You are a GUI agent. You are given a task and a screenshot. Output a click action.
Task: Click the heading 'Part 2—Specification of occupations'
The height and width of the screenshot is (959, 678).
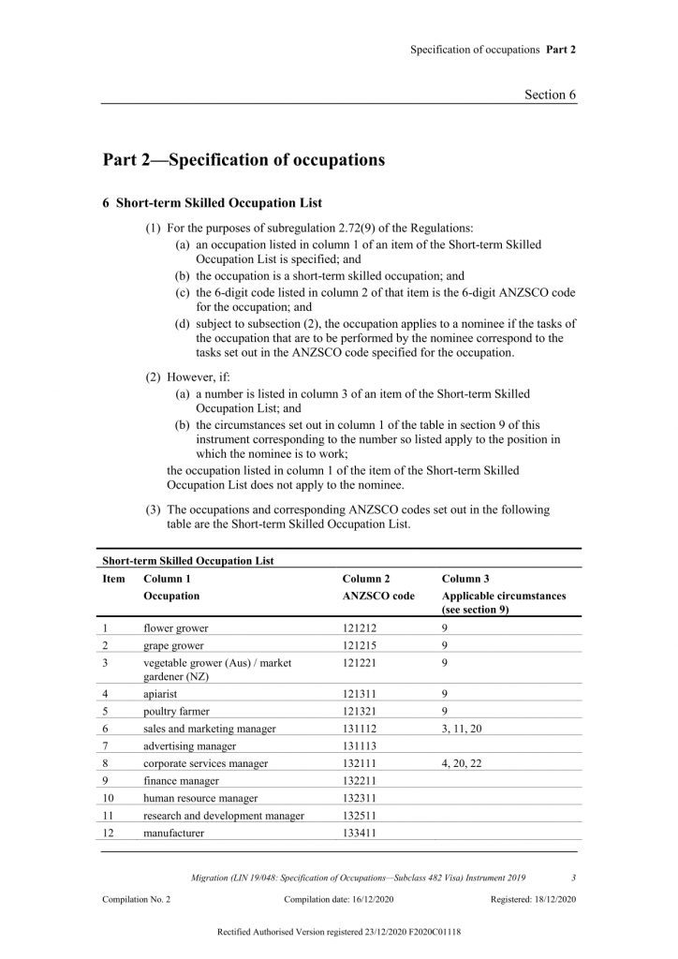coord(243,160)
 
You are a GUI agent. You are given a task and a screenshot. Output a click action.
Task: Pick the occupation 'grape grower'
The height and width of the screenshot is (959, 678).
coord(174,645)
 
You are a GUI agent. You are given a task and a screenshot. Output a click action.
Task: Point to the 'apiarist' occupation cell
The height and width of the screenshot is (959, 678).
coord(162,696)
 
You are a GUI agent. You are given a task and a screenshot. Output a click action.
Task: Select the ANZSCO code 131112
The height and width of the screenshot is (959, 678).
coord(361,729)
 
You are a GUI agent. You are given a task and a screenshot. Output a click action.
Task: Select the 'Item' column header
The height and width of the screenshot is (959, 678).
coord(113,580)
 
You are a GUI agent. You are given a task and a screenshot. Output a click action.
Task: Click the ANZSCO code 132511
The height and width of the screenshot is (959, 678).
coord(361,816)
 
